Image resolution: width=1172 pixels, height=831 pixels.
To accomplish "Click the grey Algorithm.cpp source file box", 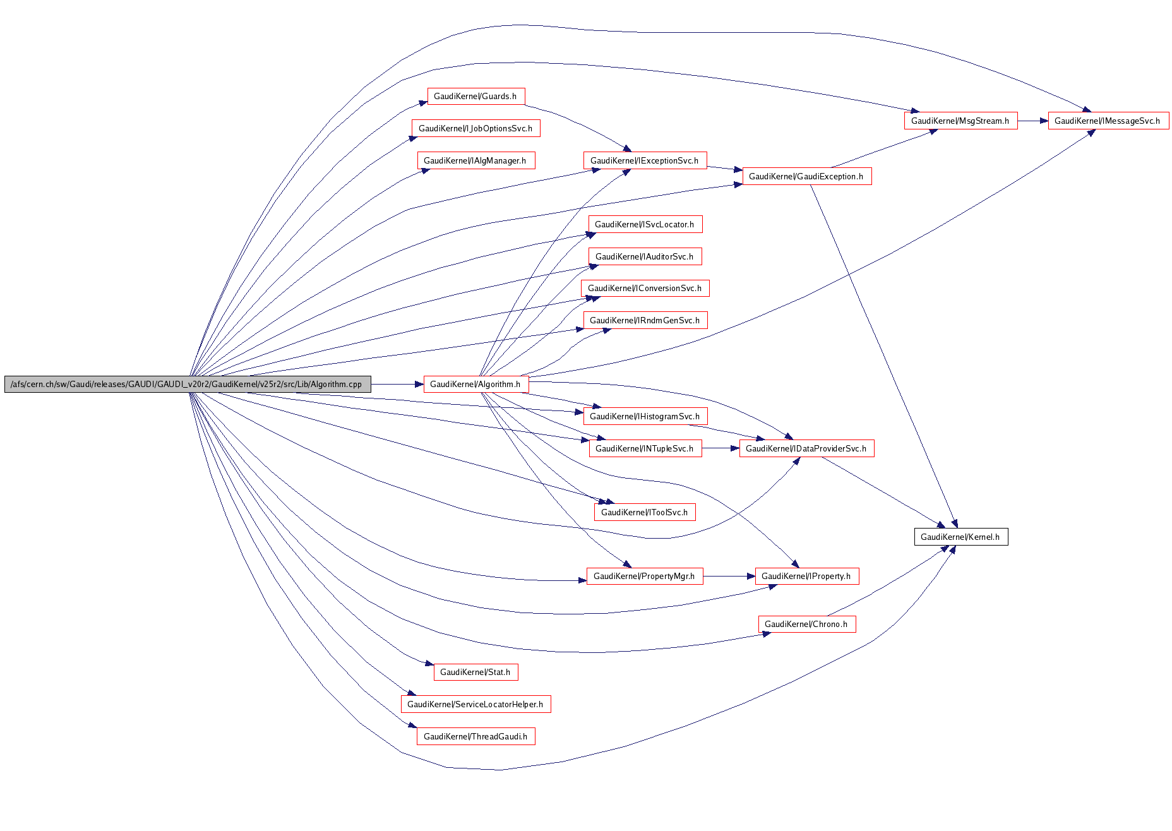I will pyautogui.click(x=187, y=384).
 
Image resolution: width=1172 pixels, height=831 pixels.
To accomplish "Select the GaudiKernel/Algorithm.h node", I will pyautogui.click(x=475, y=384).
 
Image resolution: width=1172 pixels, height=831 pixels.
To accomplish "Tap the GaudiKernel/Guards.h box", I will pyautogui.click(x=475, y=96).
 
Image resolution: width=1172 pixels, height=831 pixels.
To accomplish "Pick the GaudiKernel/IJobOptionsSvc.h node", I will pyautogui.click(x=475, y=128).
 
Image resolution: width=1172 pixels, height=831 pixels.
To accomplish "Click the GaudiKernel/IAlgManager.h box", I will pyautogui.click(x=475, y=160).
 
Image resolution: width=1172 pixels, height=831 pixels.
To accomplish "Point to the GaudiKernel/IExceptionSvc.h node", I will pyautogui.click(x=644, y=160).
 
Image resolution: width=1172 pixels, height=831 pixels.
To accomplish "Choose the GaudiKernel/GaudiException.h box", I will pyautogui.click(x=806, y=176).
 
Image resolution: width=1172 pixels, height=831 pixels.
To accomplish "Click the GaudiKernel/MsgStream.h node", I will pyautogui.click(x=960, y=121).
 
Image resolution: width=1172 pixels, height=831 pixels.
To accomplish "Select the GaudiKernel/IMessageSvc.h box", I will pyautogui.click(x=1108, y=121).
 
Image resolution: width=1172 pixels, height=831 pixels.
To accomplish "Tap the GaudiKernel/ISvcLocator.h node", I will pyautogui.click(x=645, y=224).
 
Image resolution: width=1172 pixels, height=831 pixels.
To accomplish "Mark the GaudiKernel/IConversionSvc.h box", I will pyautogui.click(x=645, y=288).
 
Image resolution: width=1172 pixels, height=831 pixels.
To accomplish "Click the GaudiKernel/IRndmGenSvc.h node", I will pyautogui.click(x=645, y=320).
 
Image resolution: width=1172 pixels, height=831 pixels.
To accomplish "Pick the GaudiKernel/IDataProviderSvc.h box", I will pyautogui.click(x=806, y=448).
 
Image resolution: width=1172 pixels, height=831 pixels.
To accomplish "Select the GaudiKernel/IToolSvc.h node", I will pyautogui.click(x=645, y=512).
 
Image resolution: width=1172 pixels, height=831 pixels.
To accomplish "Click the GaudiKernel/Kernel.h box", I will pyautogui.click(x=960, y=537).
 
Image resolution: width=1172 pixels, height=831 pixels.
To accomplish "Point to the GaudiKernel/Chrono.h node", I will pyautogui.click(x=806, y=624).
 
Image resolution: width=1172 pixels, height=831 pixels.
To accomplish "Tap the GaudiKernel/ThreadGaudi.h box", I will pyautogui.click(x=475, y=736).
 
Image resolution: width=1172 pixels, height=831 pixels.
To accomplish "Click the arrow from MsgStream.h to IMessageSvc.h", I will pyautogui.click(x=1032, y=121).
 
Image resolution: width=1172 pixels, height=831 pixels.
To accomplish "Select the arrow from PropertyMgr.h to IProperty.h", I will pyautogui.click(x=729, y=576).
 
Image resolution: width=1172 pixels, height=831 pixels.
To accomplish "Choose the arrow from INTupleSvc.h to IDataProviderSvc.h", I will pyautogui.click(x=721, y=448).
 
